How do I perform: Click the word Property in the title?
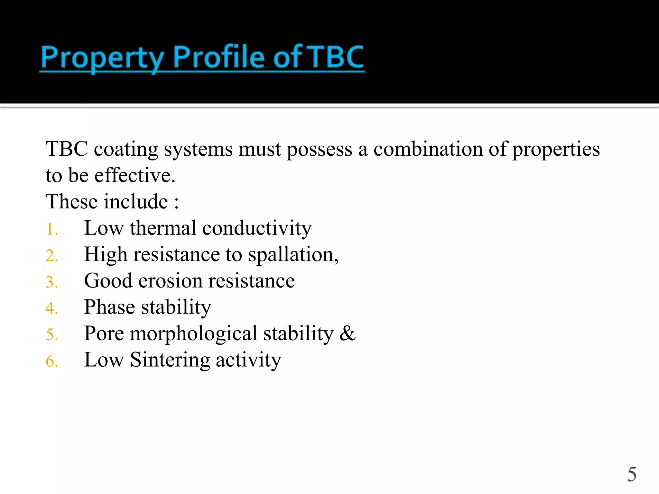(x=102, y=58)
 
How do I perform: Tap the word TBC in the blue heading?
(x=335, y=57)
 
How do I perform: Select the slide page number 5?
(x=632, y=474)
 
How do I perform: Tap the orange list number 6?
(x=51, y=361)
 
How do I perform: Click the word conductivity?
(x=257, y=228)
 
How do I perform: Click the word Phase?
(x=109, y=307)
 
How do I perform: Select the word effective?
(x=135, y=176)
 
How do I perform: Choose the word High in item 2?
(x=106, y=255)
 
